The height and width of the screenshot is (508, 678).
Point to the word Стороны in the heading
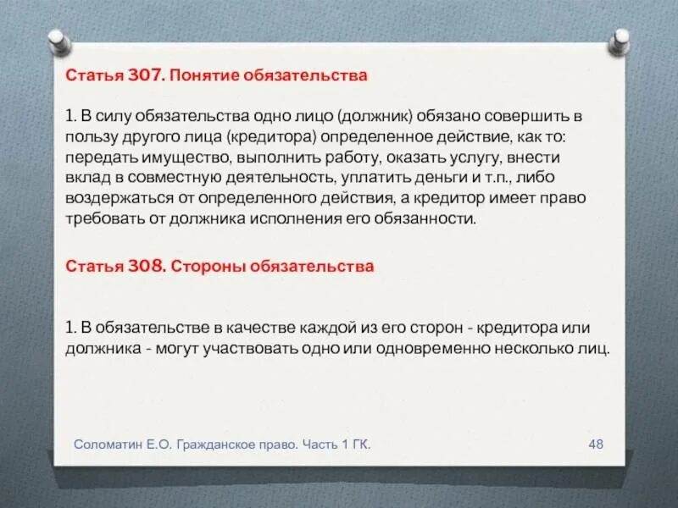201,266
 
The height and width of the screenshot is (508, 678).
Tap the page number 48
595,444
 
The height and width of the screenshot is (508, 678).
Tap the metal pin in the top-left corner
57,40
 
